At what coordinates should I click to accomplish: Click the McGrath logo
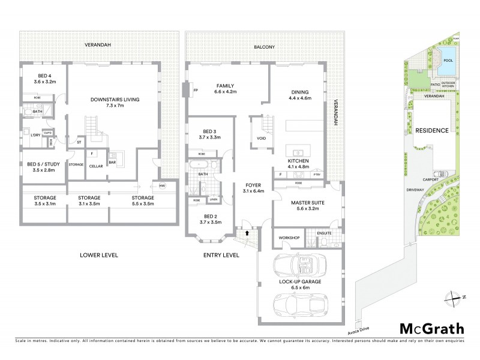(431, 328)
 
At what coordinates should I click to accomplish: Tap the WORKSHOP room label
(289, 238)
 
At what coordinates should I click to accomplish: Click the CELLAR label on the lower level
(96, 167)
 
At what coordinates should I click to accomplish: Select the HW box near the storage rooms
(161, 185)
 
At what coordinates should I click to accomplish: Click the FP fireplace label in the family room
(196, 91)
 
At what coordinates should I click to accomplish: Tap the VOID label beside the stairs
(261, 139)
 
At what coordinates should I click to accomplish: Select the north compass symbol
(454, 297)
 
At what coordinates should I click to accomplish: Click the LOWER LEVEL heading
(99, 255)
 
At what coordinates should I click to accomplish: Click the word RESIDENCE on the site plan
(432, 130)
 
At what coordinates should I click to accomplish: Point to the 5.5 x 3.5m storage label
(143, 200)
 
